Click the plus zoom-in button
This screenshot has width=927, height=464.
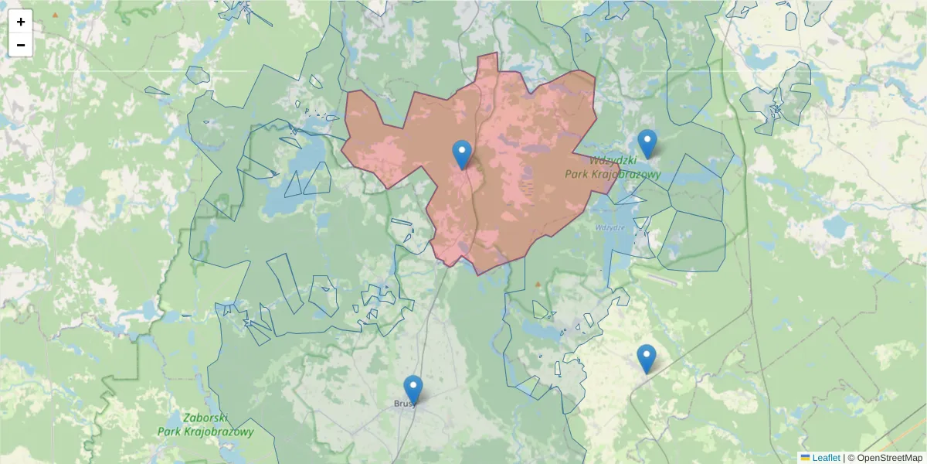21,22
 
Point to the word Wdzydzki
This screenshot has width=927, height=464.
612,161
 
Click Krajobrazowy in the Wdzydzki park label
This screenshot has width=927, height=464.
623,175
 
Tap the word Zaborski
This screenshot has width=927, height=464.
205,418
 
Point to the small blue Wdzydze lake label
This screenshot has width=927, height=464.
610,227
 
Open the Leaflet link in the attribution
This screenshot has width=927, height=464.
826,458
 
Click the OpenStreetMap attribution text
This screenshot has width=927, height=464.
889,458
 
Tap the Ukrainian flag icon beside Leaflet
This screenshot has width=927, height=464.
806,458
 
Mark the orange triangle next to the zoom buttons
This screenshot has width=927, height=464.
55,15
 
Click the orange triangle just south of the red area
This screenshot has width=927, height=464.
538,284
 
